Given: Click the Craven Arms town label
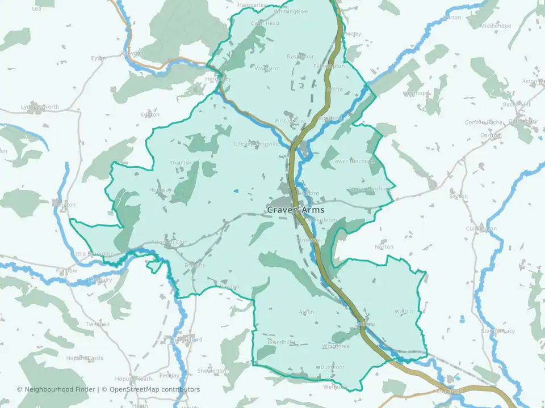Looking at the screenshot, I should pos(295,210).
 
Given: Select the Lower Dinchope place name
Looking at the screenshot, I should pos(354,161).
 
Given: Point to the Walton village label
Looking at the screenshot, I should pos(404,312).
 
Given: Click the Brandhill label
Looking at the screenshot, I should pos(281,342).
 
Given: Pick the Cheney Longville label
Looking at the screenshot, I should pos(257,144).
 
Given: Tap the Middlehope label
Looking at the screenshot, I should pos(496,26).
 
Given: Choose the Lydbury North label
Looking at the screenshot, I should pos(40,107).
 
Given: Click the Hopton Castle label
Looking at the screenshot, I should pos(85,358).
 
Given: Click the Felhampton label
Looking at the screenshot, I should pos(329,66).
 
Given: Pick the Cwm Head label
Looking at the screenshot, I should pos(265,23).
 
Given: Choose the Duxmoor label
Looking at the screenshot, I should pos(332,367).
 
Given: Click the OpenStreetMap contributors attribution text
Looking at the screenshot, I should pos(154,389).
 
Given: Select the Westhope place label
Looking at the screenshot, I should pos(416,93).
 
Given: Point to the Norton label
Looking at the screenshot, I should pos(384,247).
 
